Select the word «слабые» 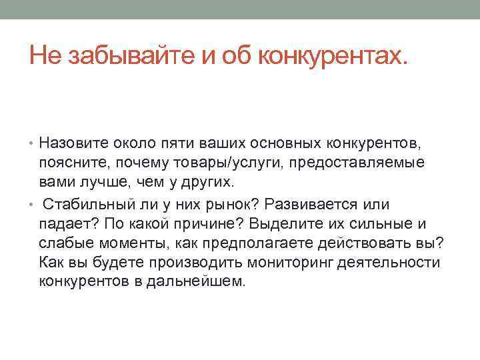tap(65, 243)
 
